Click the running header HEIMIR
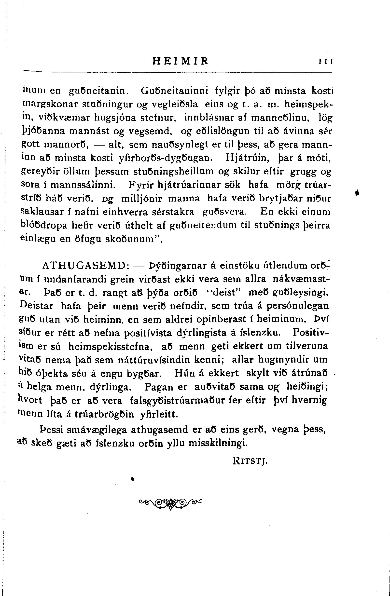point(180,61)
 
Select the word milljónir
point(142,199)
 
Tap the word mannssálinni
point(83,185)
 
